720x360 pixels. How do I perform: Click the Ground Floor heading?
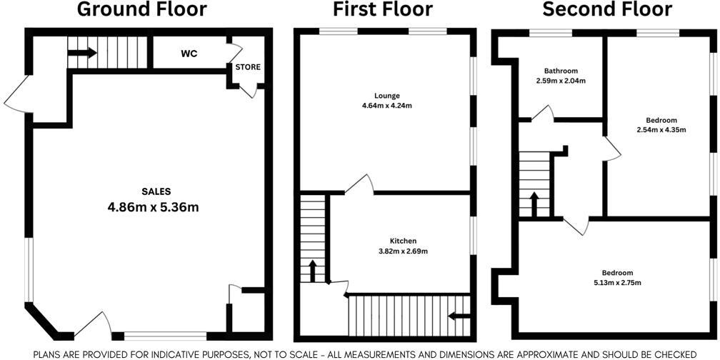tap(142, 10)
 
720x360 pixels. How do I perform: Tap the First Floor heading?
tap(383, 10)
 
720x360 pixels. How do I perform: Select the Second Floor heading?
tap(607, 10)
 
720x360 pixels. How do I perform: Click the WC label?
tap(189, 54)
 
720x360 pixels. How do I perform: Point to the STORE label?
tap(248, 67)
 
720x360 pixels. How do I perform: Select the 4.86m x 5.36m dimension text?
tap(153, 207)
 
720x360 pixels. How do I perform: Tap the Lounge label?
tap(386, 96)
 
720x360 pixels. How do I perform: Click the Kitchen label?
tap(403, 241)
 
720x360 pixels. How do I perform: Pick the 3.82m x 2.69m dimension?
tap(403, 251)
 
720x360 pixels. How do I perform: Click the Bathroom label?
tap(561, 71)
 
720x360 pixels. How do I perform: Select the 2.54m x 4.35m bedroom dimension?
tap(661, 130)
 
